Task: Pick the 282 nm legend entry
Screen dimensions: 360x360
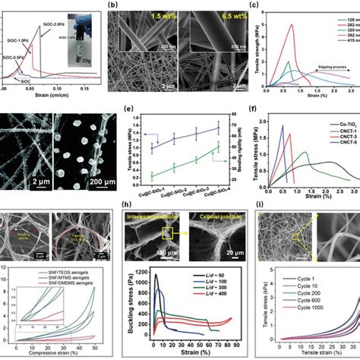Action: click(x=346, y=23)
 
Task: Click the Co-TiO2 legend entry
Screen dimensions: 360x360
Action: click(x=339, y=144)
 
